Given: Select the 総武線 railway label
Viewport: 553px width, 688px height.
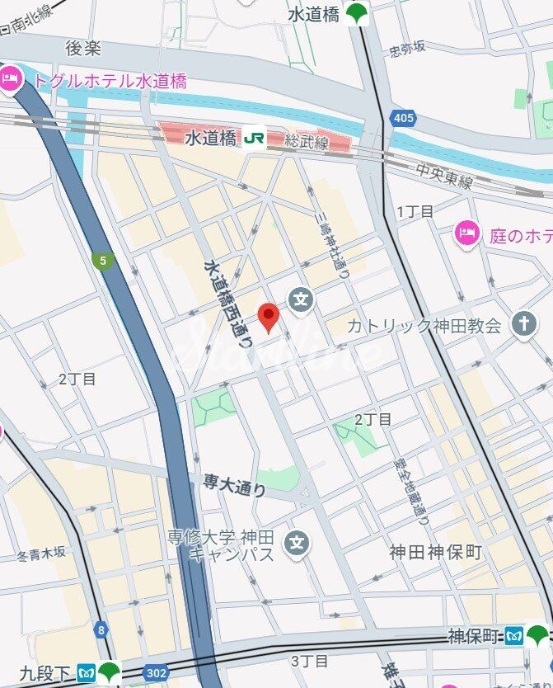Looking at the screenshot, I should [x=307, y=142].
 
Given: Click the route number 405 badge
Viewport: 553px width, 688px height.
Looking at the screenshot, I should [x=404, y=119].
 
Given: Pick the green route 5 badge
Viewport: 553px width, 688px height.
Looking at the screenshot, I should [x=103, y=262].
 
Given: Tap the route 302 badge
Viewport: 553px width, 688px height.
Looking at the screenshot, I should [x=155, y=672].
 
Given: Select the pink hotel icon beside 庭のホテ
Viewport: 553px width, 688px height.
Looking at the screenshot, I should [x=467, y=233].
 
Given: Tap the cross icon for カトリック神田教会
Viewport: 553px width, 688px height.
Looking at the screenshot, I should [x=523, y=324].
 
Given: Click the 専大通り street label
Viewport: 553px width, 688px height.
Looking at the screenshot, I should [x=235, y=485].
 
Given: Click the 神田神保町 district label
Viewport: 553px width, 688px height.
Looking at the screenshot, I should [x=435, y=552].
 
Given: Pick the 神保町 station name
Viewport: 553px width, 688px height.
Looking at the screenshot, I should [x=474, y=636].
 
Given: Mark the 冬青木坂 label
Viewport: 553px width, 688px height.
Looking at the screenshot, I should [x=40, y=556].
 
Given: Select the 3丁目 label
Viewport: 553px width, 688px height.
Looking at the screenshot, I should [x=310, y=661].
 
